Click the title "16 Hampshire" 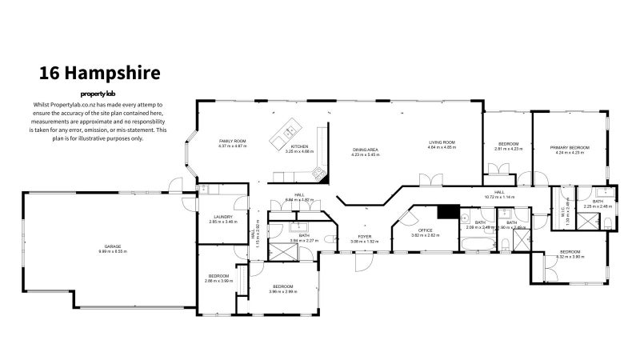(100, 73)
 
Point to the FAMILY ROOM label (233, 142)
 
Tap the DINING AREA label (365, 150)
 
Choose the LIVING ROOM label (441, 142)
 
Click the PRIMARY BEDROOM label (569, 148)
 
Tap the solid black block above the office (448, 212)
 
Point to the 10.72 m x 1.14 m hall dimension (498, 197)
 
